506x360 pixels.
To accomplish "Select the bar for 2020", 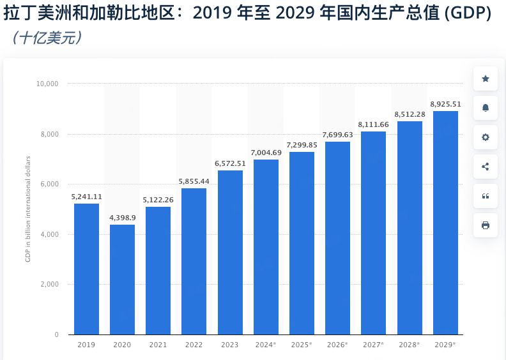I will coord(122,280).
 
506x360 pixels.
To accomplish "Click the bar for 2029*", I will coord(445,223).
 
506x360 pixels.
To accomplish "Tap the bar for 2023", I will coord(230,252).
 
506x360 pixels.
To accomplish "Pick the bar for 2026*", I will coord(337,238).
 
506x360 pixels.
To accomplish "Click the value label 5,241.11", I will coord(86,197).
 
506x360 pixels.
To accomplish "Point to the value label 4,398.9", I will coord(122,218).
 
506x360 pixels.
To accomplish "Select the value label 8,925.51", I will coord(445,104).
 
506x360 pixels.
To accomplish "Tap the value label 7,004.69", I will coord(266,153).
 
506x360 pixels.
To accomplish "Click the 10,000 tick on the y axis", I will coord(47,84).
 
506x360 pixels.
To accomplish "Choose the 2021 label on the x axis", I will coord(158,345).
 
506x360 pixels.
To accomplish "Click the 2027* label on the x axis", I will coord(373,345).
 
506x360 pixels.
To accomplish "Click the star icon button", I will coord(486,79).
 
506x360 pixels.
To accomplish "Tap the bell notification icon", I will coord(486,108).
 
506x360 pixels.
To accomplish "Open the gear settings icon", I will coord(486,137).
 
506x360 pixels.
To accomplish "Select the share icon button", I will coord(486,167).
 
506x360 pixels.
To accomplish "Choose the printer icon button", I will coord(486,225).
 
